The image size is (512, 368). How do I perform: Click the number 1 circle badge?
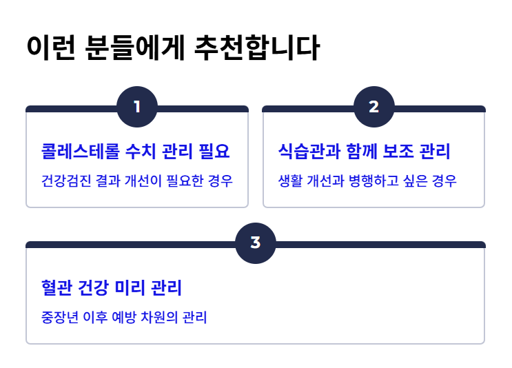(137, 107)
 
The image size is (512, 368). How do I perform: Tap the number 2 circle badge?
(374, 107)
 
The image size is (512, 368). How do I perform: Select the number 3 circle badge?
(256, 243)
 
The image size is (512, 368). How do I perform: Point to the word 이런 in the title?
(50, 48)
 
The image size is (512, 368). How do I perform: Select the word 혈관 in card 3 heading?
(57, 287)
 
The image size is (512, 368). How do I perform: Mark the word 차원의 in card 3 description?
(161, 318)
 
